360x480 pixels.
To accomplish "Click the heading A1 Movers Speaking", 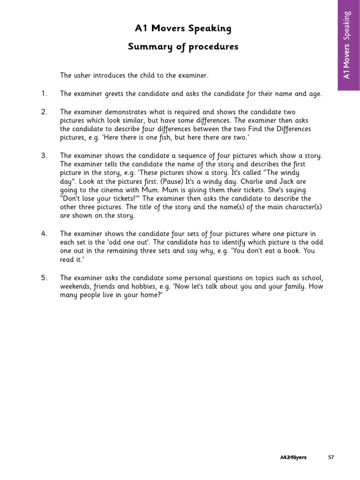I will (183, 29).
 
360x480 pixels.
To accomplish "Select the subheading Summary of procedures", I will (183, 47).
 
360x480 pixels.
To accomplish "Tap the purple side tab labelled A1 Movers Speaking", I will (348, 45).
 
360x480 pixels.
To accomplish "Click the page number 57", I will (331, 457).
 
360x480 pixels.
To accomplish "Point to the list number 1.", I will (44, 94).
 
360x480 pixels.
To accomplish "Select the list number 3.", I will (44, 156).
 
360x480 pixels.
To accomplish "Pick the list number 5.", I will (44, 277).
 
